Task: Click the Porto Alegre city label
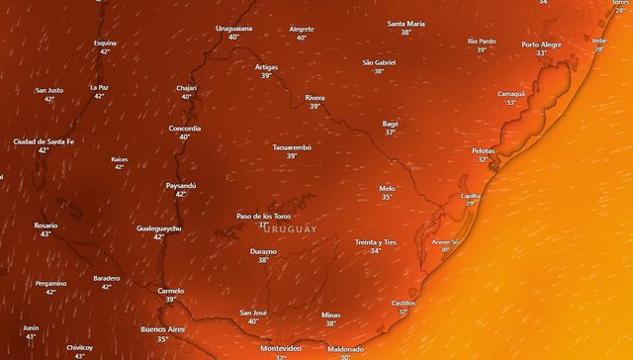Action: point(541,45)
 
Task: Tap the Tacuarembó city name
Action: point(292,147)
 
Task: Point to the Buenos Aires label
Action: point(163,328)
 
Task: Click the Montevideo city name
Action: point(280,348)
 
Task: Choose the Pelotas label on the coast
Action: point(483,150)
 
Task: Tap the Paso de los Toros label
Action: point(262,216)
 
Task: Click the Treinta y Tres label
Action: point(375,242)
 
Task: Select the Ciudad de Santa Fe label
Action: point(43,141)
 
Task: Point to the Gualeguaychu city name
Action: point(158,228)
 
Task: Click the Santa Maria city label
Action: point(406,23)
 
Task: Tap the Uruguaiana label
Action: point(234,29)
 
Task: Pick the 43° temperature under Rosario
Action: point(45,235)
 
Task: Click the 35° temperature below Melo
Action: point(387,198)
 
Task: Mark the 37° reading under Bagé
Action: point(390,133)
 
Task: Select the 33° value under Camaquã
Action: point(511,103)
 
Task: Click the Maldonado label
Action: point(345,348)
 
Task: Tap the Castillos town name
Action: point(403,303)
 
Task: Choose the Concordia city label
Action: point(185,129)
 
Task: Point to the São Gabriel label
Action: point(380,62)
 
